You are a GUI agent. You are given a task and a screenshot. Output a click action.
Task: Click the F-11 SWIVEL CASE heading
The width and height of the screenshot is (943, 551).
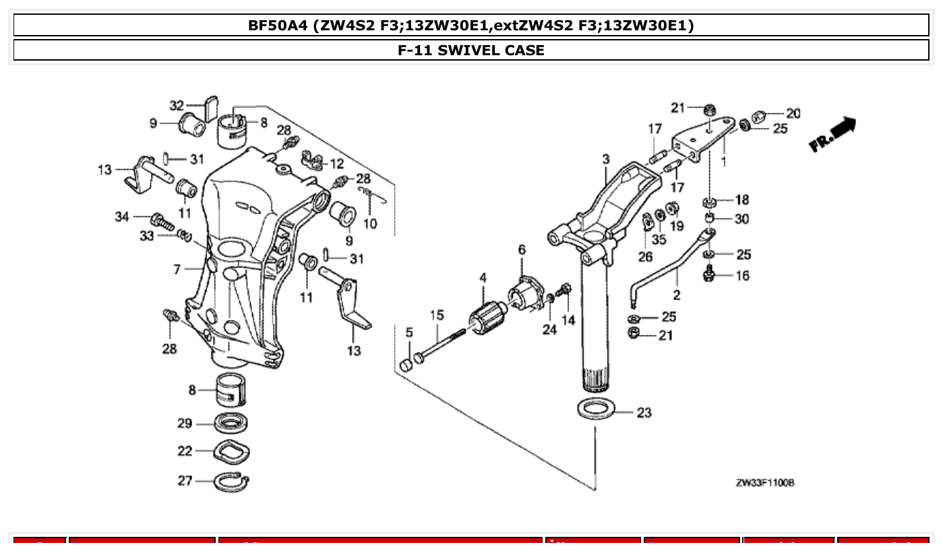pos(471,50)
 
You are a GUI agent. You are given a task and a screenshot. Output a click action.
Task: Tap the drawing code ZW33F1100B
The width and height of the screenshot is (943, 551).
pos(765,483)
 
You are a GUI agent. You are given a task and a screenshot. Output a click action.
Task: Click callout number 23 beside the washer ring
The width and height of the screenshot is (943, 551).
pos(644,412)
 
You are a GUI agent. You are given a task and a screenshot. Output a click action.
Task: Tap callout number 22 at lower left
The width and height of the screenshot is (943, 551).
pos(185,451)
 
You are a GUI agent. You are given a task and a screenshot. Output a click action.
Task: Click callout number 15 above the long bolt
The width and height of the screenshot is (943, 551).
pos(437,315)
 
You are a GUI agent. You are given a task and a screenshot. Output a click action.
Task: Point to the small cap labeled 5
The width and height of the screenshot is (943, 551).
pos(406,364)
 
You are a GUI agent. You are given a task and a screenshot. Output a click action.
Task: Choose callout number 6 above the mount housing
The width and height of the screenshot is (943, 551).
pos(521,250)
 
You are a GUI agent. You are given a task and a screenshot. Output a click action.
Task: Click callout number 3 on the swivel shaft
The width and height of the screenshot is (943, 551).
pos(606,159)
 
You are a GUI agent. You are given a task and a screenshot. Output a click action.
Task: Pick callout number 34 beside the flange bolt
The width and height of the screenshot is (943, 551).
pos(121,216)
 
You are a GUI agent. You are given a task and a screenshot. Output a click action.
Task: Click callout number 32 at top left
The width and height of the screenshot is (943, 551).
pos(177,105)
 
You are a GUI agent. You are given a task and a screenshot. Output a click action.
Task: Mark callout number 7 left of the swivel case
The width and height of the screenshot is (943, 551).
pos(177,269)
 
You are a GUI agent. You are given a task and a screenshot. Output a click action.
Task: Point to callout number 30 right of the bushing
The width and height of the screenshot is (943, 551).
pos(741,219)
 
